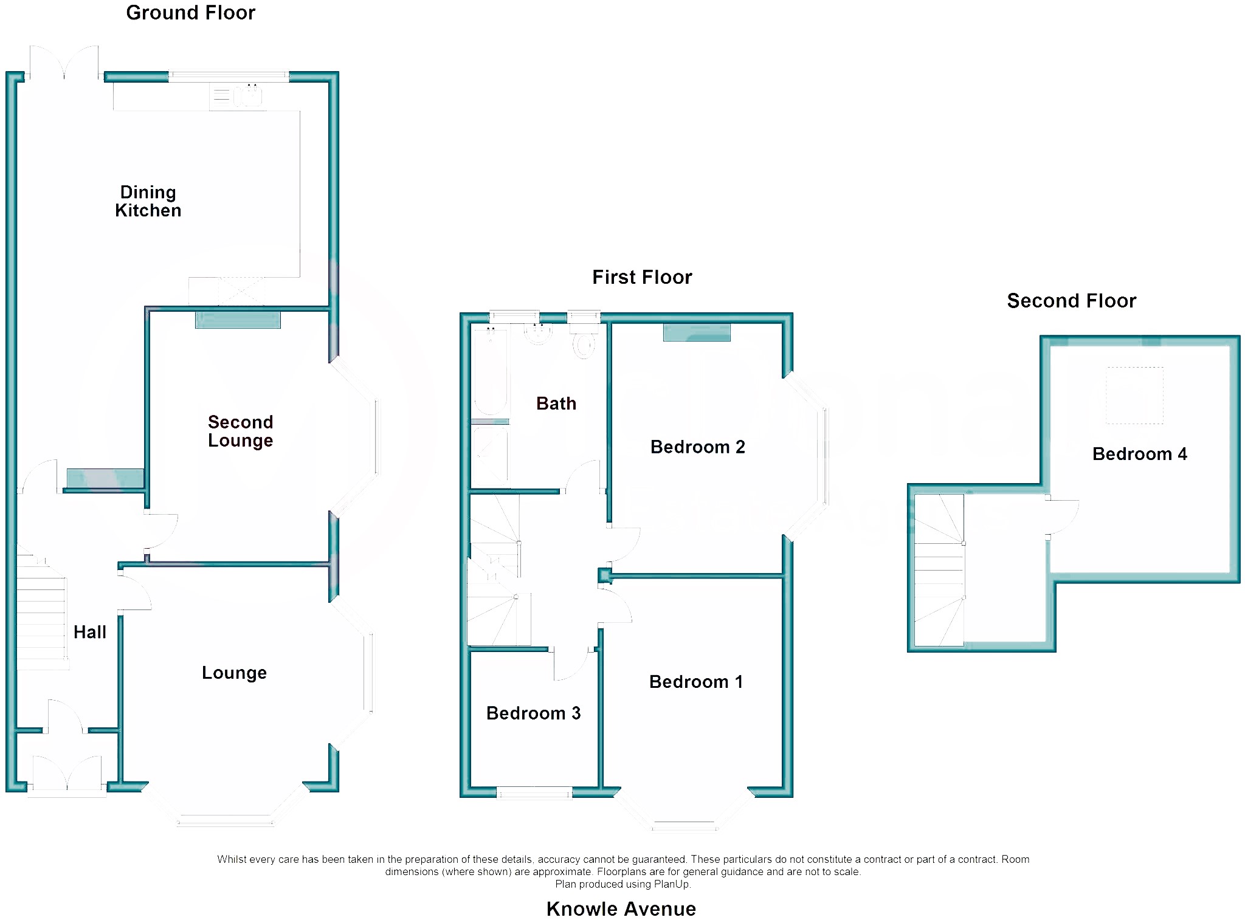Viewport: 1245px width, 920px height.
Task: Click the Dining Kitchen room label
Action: [148, 201]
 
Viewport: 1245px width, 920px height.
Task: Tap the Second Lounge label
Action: [240, 431]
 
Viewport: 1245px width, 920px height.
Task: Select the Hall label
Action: [90, 632]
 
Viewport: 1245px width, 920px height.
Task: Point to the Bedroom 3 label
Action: [533, 713]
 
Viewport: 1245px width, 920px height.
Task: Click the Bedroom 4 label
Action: [1139, 454]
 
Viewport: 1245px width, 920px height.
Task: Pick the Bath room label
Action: [556, 403]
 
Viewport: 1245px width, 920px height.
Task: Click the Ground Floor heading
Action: [190, 13]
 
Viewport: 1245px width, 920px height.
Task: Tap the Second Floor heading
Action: [1071, 301]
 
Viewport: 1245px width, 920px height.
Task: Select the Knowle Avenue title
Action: [621, 908]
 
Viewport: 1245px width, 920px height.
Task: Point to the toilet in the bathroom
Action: [583, 343]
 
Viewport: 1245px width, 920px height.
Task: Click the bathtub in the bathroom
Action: [490, 371]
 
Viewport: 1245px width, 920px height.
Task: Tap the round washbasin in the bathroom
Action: [538, 334]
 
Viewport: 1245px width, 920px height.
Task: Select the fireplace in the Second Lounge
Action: [238, 320]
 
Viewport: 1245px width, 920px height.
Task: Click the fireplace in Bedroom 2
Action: [697, 332]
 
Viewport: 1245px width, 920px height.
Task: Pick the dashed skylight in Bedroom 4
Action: [1134, 396]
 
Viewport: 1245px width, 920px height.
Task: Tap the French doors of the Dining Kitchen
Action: [64, 63]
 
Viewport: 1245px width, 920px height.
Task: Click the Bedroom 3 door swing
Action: [570, 664]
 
